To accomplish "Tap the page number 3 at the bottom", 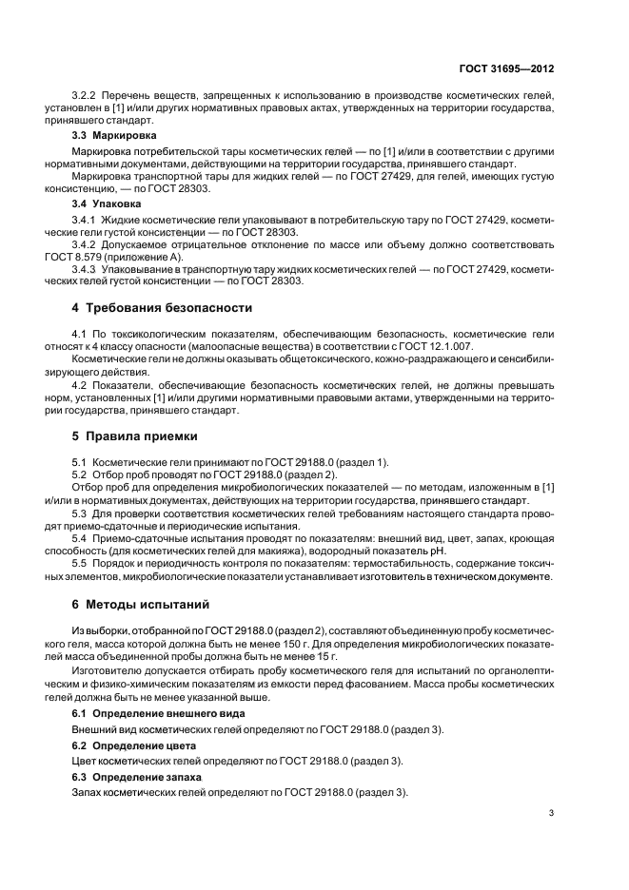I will tap(553, 812).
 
